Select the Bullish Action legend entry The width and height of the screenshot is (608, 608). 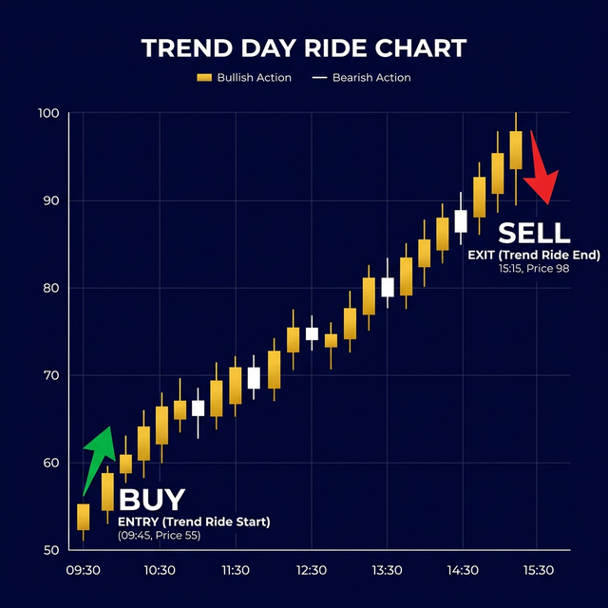[245, 77]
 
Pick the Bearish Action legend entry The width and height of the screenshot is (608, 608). [362, 77]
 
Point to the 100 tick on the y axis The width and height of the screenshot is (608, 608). [48, 114]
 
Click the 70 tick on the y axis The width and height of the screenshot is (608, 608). [49, 376]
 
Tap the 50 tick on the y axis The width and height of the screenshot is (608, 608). [49, 551]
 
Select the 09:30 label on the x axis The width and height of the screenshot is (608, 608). [84, 570]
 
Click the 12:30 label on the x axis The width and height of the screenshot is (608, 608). [311, 570]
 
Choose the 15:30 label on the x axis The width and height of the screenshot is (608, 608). [537, 570]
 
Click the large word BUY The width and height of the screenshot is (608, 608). [152, 500]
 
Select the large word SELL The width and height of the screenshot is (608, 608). [534, 233]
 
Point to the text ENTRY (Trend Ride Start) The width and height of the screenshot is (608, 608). [194, 522]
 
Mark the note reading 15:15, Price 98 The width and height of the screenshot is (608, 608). [535, 270]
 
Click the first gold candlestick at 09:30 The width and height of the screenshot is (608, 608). [84, 517]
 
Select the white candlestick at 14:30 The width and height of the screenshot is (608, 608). [462, 220]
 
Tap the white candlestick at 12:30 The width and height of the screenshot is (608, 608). [312, 333]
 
